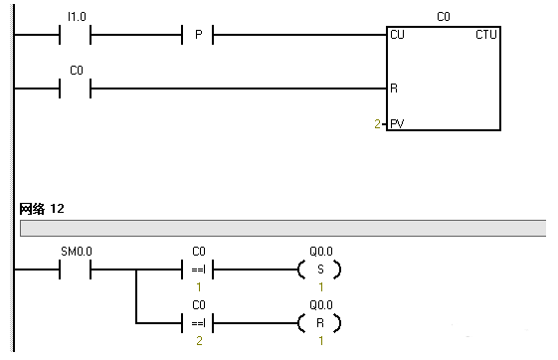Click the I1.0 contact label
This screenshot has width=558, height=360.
click(x=76, y=17)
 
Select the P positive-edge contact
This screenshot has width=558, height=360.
click(x=198, y=36)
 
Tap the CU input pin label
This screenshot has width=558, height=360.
click(x=398, y=35)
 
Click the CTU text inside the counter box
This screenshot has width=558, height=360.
click(x=486, y=35)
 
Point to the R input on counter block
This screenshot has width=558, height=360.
click(x=395, y=89)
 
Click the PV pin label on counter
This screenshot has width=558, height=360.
click(x=398, y=125)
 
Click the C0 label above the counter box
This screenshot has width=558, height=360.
click(x=444, y=17)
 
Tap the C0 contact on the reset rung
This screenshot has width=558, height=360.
click(x=76, y=89)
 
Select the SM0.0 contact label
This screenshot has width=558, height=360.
click(x=76, y=252)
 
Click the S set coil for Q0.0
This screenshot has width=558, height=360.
click(x=319, y=270)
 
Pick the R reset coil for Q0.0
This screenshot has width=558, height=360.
click(x=319, y=322)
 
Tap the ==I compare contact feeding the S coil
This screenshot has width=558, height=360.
click(x=198, y=270)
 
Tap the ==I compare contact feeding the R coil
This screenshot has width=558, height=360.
click(x=198, y=322)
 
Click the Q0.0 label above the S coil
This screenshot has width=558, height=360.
click(x=319, y=252)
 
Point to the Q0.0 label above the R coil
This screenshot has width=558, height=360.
click(x=319, y=304)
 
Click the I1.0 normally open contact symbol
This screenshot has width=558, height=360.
click(x=76, y=36)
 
